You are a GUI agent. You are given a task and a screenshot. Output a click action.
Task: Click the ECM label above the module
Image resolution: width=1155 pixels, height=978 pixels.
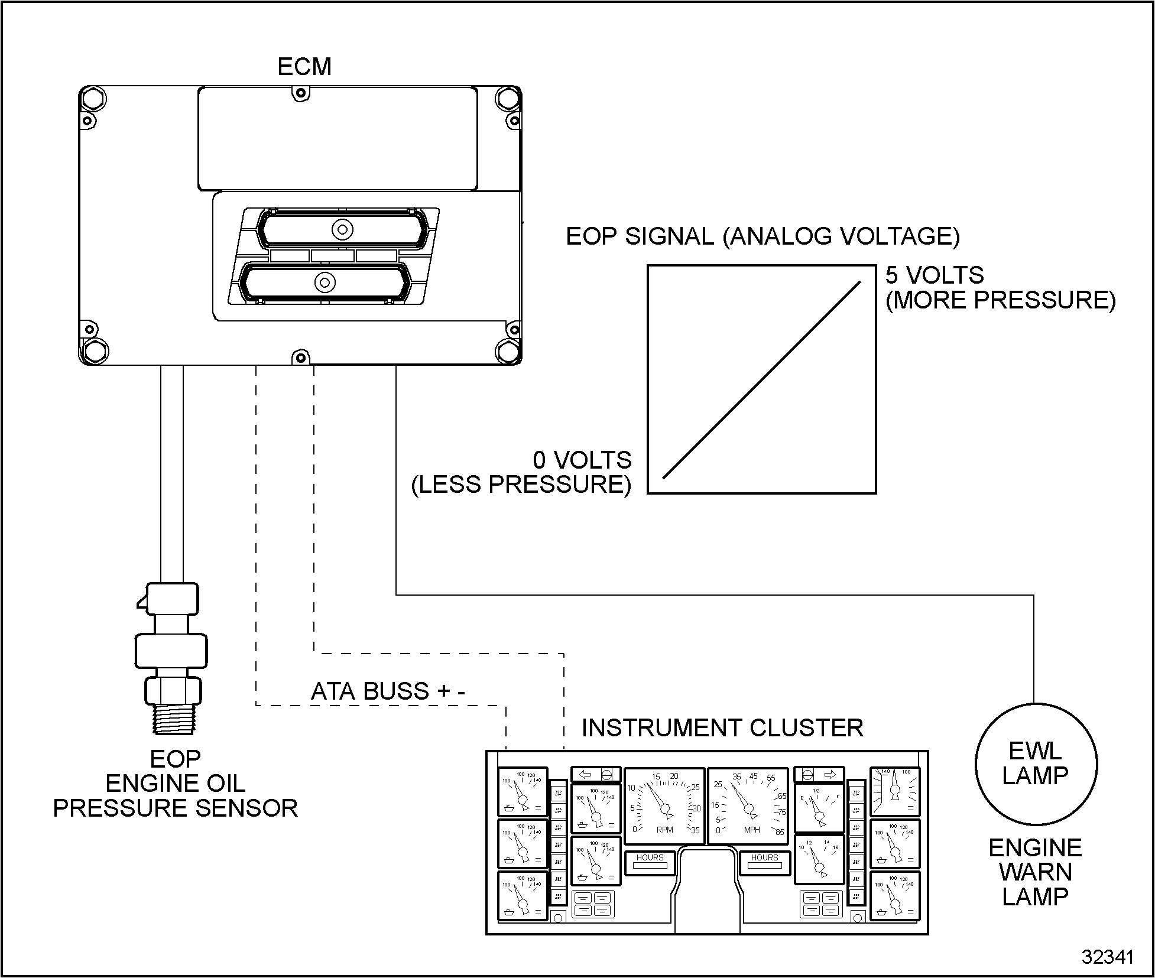click(304, 67)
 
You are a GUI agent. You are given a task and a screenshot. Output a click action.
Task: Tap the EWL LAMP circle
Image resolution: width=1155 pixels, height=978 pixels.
click(1036, 763)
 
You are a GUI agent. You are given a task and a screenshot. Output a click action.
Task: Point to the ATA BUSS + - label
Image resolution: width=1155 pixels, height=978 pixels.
click(388, 691)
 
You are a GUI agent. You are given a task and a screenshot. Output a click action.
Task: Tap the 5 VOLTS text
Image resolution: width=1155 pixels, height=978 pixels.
click(935, 275)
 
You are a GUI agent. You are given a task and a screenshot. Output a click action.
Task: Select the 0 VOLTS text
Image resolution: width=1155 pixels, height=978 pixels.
click(582, 460)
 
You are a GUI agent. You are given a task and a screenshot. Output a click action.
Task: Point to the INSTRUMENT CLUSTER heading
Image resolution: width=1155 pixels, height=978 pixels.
click(722, 728)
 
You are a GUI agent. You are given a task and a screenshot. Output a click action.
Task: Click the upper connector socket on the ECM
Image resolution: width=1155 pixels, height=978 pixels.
click(341, 229)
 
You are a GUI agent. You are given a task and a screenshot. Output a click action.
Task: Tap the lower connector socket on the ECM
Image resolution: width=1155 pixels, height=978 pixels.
click(325, 282)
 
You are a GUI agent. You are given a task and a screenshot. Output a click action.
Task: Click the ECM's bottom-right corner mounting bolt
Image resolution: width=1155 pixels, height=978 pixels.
click(508, 352)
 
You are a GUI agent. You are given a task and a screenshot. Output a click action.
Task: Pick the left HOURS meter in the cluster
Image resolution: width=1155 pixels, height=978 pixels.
click(650, 863)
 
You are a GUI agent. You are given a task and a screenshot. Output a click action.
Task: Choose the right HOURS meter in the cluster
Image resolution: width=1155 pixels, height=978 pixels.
click(765, 863)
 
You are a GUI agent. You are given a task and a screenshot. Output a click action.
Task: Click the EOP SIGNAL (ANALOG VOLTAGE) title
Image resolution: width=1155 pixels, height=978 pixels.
click(763, 236)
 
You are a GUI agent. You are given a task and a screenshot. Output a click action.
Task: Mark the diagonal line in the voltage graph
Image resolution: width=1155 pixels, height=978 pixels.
click(761, 380)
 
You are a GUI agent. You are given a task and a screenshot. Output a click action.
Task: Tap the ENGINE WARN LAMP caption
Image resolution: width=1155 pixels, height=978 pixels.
click(1036, 872)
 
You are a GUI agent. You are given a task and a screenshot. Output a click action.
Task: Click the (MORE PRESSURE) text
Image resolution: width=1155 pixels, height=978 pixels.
click(1000, 300)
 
